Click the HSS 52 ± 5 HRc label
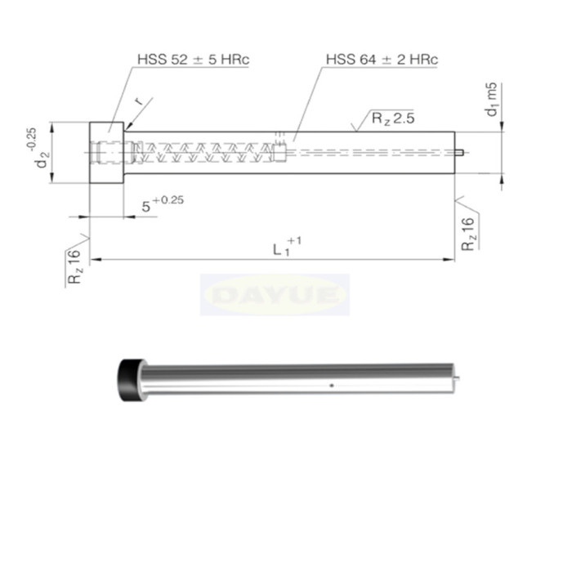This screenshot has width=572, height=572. tap(194, 60)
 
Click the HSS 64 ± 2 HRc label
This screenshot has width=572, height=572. tap(382, 60)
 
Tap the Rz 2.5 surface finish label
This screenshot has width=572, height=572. tap(393, 118)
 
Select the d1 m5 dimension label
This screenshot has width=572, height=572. tap(492, 99)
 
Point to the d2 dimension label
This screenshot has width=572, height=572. tap(42, 159)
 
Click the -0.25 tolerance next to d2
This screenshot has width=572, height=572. tap(31, 139)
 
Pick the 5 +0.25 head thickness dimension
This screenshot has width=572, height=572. tap(163, 204)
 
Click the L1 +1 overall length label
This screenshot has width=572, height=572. tap(288, 247)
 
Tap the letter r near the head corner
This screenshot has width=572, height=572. tap(139, 101)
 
